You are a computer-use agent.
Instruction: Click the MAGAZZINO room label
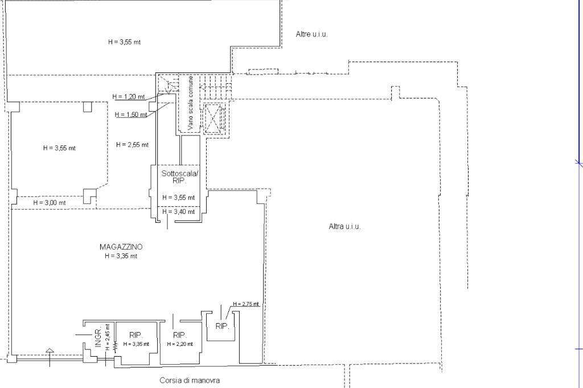click(x=121, y=247)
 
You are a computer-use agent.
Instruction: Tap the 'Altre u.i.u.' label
click(x=312, y=34)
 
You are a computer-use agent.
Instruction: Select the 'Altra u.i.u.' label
click(x=345, y=226)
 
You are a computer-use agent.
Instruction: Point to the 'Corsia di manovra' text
click(x=190, y=380)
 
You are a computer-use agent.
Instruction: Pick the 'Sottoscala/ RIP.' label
click(x=179, y=176)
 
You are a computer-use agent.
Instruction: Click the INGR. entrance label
click(x=98, y=338)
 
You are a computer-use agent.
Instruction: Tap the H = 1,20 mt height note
click(x=129, y=96)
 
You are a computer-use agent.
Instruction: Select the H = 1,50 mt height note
click(x=131, y=115)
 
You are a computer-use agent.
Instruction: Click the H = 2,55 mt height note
click(x=132, y=145)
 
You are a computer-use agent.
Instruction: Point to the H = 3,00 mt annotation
click(x=50, y=202)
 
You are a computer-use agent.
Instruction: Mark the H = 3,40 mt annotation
click(x=178, y=212)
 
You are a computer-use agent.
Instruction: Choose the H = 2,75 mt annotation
click(x=246, y=304)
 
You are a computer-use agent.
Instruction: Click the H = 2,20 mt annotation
click(x=180, y=344)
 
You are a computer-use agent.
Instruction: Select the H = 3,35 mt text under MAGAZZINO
click(x=121, y=256)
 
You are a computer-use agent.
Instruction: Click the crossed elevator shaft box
click(x=214, y=118)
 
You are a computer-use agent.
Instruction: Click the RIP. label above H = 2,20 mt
click(x=180, y=335)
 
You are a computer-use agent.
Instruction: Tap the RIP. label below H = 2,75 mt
click(x=222, y=326)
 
